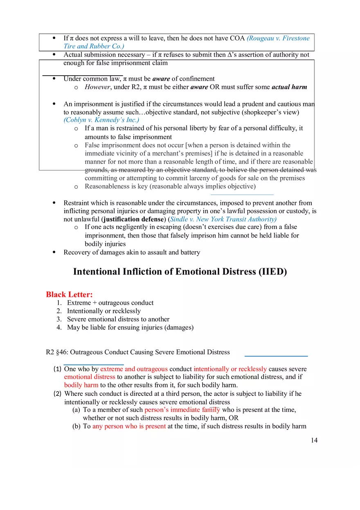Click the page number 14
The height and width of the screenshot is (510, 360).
[x=314, y=440]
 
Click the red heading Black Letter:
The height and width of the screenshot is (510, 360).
[x=69, y=294]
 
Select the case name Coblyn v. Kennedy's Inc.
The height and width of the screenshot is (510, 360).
[x=101, y=120]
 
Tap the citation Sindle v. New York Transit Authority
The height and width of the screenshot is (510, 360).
[x=223, y=219]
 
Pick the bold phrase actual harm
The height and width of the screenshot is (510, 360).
[x=289, y=87]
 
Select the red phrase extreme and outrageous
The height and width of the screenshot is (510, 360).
[x=134, y=369]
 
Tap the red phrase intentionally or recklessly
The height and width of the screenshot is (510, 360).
[x=230, y=369]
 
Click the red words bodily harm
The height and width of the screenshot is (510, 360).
[x=81, y=385]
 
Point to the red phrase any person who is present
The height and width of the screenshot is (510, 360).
[x=129, y=426]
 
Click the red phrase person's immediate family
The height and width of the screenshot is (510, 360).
[x=182, y=410]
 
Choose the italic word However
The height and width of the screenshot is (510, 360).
[x=97, y=87]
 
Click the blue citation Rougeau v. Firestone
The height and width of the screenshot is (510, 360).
[x=278, y=38]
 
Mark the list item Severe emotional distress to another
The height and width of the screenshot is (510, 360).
[x=118, y=319]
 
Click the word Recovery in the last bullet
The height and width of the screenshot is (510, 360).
[x=76, y=252]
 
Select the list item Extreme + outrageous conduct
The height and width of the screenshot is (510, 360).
[x=110, y=303]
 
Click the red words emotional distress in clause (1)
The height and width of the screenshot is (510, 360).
[x=90, y=377]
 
